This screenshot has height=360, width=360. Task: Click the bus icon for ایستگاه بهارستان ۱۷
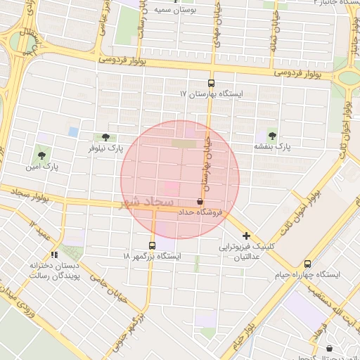coord(211,82)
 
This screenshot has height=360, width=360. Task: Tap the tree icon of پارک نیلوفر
coord(105,137)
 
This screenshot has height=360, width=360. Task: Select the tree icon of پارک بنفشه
coord(272,135)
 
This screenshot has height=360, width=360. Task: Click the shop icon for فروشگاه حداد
coord(200,201)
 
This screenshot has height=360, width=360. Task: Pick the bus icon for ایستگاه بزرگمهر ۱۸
coord(153,245)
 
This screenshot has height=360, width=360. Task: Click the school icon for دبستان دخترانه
coord(55,255)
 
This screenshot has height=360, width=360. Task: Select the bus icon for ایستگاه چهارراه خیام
coord(307,264)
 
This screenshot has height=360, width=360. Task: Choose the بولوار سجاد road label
coord(26,195)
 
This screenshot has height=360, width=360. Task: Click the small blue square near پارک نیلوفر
coord(73,131)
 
